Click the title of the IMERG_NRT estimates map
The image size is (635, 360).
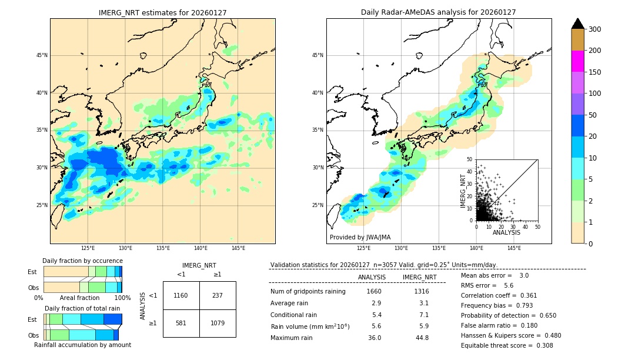pyautogui.click(x=162, y=12)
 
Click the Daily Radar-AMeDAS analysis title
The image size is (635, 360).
pyautogui.click(x=438, y=12)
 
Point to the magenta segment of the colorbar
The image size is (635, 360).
pyautogui.click(x=578, y=61)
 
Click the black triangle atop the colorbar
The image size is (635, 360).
pyautogui.click(x=578, y=24)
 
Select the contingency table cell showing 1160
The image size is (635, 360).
pyautogui.click(x=181, y=295)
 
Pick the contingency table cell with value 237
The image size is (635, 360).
pyautogui.click(x=218, y=295)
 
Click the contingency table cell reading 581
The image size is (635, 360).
pyautogui.click(x=181, y=323)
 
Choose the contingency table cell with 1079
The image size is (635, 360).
pyautogui.click(x=218, y=323)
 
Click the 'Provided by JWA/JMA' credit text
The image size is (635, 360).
pyautogui.click(x=360, y=237)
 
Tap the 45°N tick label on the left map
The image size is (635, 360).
pyautogui.click(x=42, y=55)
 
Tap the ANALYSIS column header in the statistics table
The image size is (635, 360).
pyautogui.click(x=372, y=277)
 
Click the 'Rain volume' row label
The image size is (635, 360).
pyautogui.click(x=310, y=326)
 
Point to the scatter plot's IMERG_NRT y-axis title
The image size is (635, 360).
pyautogui.click(x=463, y=190)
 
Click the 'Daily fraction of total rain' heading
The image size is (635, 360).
pyautogui.click(x=82, y=308)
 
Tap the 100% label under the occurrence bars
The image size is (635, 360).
pyautogui.click(x=122, y=298)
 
